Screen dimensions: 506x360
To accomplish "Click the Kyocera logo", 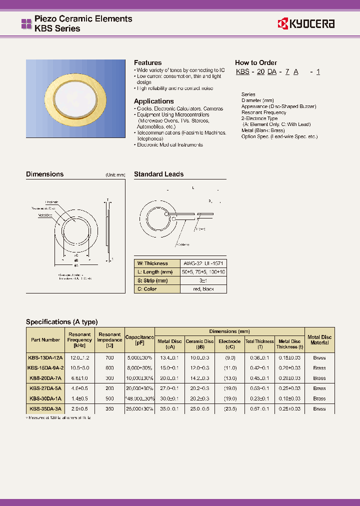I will coord(306,23).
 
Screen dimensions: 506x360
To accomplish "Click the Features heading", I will coord(147,62).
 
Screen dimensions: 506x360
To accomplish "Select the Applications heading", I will coord(153,101).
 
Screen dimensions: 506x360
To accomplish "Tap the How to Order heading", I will coord(255,62).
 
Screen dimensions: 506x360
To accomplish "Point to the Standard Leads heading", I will coord(158,174).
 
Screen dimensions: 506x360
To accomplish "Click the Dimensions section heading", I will coord(44,174).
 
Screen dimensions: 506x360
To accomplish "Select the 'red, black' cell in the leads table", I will coord(203,289).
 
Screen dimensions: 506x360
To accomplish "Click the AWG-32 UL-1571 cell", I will coord(203,263).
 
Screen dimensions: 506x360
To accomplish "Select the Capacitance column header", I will coord(139,340).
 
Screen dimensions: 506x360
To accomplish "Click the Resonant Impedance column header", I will coord(109,340).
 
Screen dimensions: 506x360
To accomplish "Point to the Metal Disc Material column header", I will coord(319,340).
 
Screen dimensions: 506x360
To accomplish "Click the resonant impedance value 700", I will coord(109,357).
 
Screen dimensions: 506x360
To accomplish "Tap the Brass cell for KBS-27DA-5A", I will coord(319,388).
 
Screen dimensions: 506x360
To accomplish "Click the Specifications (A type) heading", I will coord(61,321).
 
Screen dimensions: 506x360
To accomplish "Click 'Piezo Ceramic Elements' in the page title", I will coord(83,18).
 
